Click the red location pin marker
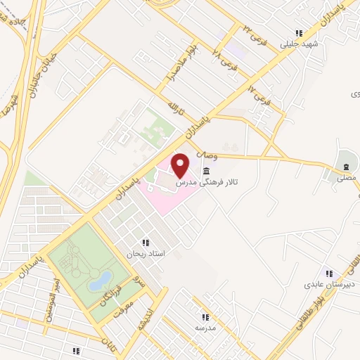coord(181,165)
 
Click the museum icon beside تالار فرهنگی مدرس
coord(206,171)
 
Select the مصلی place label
coord(345,179)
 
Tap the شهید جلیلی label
coord(300,44)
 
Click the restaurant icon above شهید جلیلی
coord(300,33)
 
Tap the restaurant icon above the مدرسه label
coord(206,317)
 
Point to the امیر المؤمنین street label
coord(51,300)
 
